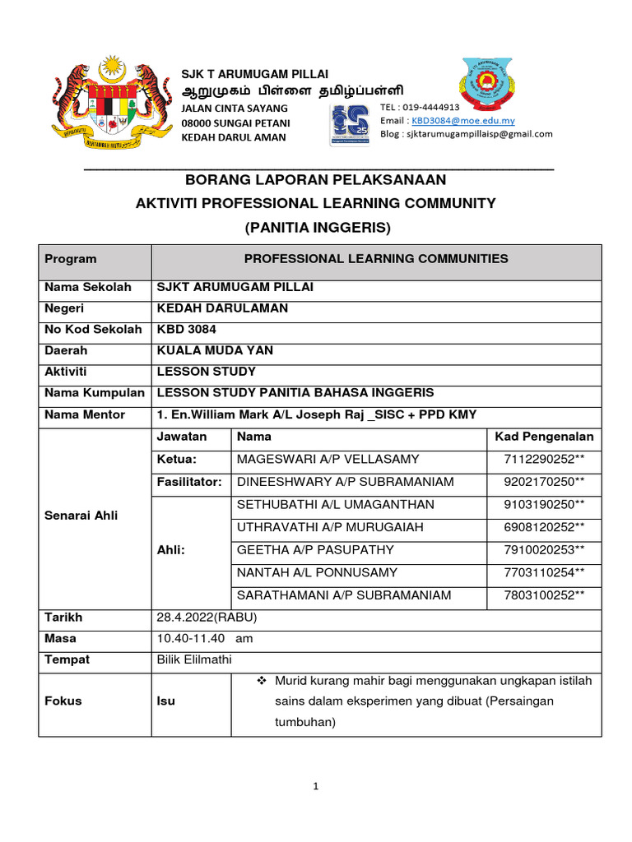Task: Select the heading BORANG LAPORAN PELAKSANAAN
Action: click(x=315, y=179)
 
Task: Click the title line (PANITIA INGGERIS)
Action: click(x=315, y=226)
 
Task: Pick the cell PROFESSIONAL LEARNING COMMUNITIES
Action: click(x=376, y=259)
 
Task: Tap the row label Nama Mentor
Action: click(x=85, y=414)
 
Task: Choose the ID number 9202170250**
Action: click(x=545, y=482)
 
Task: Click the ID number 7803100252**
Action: click(x=545, y=595)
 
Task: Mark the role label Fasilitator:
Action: click(x=189, y=482)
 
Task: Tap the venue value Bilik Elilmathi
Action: click(x=193, y=660)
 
